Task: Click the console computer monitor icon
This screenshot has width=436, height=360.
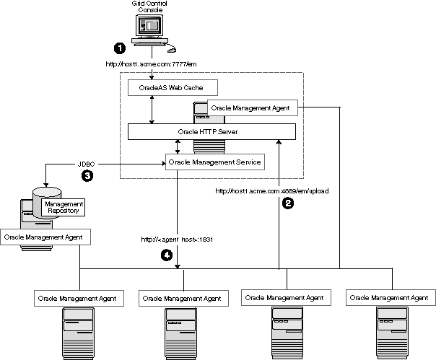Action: pyautogui.click(x=152, y=28)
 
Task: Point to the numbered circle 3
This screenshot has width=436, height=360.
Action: pyautogui.click(x=87, y=175)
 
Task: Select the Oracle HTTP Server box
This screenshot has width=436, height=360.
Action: pyautogui.click(x=212, y=132)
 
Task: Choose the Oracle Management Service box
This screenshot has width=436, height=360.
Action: pyautogui.click(x=213, y=162)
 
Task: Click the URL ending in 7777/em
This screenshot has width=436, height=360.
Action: pyautogui.click(x=151, y=65)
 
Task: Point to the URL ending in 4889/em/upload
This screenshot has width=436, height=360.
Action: pyautogui.click(x=272, y=191)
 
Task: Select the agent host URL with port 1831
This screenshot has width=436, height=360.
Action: pyautogui.click(x=177, y=239)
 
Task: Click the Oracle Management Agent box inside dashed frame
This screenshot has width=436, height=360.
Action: pyautogui.click(x=250, y=107)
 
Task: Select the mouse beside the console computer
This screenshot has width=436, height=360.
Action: pyautogui.click(x=171, y=51)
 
